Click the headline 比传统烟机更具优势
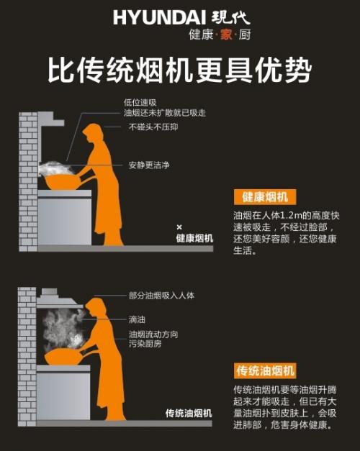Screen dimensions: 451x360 180,70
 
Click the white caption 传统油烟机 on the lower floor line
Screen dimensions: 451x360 189,414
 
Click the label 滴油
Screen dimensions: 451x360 137,317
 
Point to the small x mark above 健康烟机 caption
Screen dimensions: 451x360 179,227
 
